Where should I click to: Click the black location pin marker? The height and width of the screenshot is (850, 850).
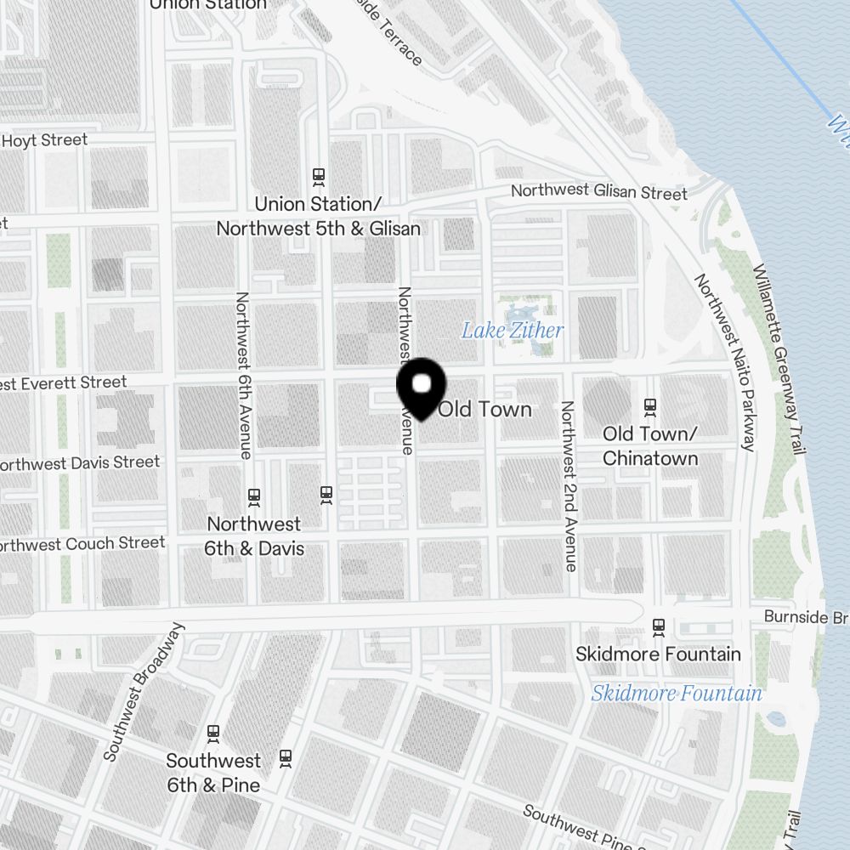click(x=421, y=388)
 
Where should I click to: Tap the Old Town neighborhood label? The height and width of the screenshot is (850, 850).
click(x=485, y=409)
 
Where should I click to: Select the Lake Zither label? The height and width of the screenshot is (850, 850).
click(x=513, y=330)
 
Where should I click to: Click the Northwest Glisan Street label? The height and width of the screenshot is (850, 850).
click(x=598, y=192)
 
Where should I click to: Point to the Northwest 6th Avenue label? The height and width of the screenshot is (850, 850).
click(x=243, y=375)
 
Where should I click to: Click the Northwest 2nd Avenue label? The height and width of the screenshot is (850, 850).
click(x=569, y=485)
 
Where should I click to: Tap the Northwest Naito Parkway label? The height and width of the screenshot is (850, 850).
click(x=725, y=362)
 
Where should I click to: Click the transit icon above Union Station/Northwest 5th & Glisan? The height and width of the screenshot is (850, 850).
click(x=319, y=176)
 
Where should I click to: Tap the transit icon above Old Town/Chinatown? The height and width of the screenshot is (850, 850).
click(x=650, y=407)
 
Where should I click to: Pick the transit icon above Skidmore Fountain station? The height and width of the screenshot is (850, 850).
click(x=658, y=627)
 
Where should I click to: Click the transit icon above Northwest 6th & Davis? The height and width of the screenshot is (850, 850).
click(x=253, y=496)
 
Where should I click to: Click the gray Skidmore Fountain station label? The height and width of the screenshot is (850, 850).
click(x=658, y=654)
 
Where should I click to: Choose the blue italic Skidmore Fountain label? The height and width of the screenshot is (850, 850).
click(x=677, y=693)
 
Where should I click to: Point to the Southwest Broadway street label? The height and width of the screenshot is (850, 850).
click(x=143, y=691)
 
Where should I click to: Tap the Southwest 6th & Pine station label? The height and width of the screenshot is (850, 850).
click(x=213, y=772)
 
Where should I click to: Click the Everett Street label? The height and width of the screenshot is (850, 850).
click(x=65, y=383)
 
